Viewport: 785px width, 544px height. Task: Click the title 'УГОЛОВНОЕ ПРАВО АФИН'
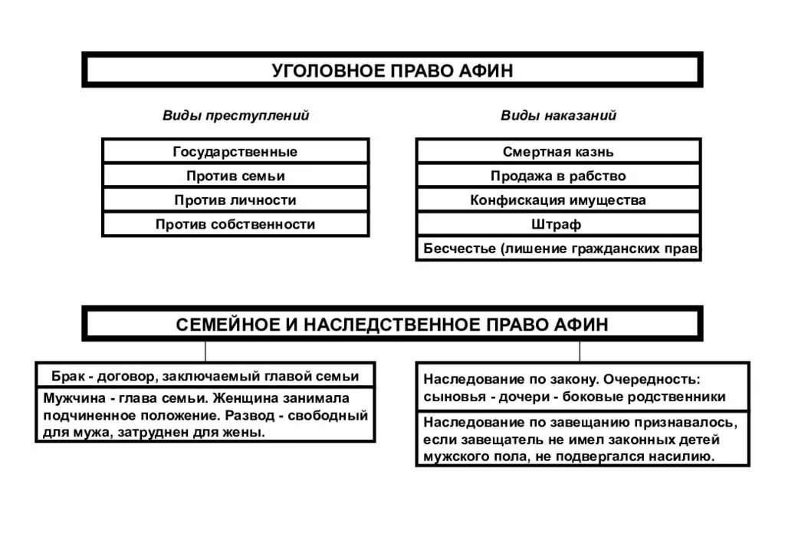click(x=392, y=71)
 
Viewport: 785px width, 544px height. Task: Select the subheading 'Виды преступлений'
click(x=235, y=116)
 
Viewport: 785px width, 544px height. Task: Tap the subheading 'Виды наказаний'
click(x=558, y=116)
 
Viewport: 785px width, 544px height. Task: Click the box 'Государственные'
click(x=235, y=151)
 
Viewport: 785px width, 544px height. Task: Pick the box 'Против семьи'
click(x=235, y=176)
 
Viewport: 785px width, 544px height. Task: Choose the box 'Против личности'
click(x=235, y=200)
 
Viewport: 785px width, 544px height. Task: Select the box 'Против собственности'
click(x=235, y=225)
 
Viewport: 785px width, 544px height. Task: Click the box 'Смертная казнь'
click(x=558, y=152)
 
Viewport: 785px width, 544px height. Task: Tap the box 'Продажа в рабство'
click(x=558, y=176)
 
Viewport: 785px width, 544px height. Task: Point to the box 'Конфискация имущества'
click(x=558, y=200)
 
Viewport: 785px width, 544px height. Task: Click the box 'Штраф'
click(x=558, y=225)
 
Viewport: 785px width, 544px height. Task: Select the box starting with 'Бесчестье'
click(x=558, y=249)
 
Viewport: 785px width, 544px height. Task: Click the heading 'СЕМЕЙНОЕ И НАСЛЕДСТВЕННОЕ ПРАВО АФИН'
click(x=392, y=324)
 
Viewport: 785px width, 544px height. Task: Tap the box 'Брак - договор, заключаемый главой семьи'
click(x=205, y=376)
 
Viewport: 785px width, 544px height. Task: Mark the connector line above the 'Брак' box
click(x=205, y=351)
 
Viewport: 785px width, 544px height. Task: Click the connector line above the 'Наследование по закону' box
click(x=580, y=351)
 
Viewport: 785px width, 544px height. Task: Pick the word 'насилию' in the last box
click(x=687, y=456)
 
